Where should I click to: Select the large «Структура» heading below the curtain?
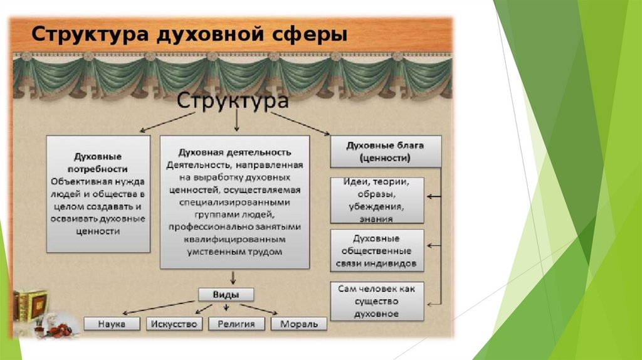click(x=234, y=102)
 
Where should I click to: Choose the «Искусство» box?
click(x=174, y=324)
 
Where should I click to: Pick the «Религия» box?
click(x=236, y=324)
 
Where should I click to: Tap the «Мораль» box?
click(x=299, y=324)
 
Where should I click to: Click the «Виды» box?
click(x=226, y=295)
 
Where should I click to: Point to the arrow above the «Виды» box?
click(x=233, y=277)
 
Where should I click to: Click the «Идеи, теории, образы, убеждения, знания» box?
click(x=377, y=200)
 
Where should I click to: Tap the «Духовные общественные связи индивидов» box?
click(x=377, y=251)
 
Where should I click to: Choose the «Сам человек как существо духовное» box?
click(x=377, y=300)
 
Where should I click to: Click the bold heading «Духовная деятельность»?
click(x=234, y=152)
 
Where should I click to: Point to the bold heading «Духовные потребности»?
click(x=98, y=162)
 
